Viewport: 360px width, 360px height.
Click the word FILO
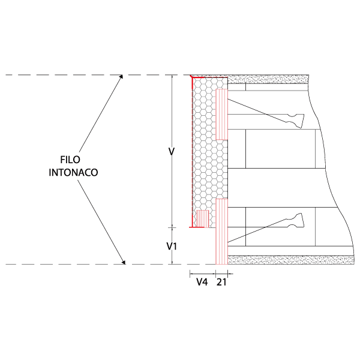[70, 160]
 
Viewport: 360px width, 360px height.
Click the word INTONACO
[73, 172]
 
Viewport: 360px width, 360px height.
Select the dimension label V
[172, 151]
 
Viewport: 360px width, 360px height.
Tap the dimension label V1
[172, 247]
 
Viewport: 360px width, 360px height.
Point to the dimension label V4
[202, 282]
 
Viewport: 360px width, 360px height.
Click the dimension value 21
[221, 282]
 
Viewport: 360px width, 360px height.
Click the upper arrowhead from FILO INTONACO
[121, 77]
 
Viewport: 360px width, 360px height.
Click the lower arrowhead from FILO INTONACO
[124, 262]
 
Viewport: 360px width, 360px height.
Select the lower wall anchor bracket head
[296, 220]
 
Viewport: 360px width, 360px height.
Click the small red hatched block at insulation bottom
[203, 219]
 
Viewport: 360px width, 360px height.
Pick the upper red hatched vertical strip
[221, 115]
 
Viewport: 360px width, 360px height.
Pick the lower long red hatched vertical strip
[221, 232]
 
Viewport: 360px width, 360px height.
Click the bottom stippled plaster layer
[290, 260]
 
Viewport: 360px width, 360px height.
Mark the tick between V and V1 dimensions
[172, 227]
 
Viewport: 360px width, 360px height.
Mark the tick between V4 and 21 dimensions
[215, 274]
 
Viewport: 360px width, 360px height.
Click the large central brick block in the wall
[281, 149]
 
